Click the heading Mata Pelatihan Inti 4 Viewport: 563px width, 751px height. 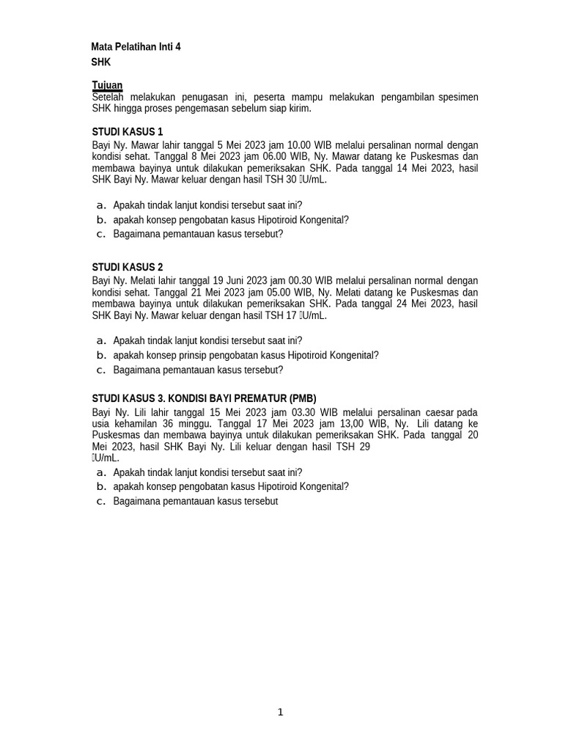click(136, 47)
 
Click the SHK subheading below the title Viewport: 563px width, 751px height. click(101, 62)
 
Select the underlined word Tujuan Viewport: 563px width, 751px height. click(107, 85)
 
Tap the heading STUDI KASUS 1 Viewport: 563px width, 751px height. click(128, 132)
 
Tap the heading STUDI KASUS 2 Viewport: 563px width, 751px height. click(128, 267)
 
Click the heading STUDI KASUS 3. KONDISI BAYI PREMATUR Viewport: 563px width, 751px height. click(204, 398)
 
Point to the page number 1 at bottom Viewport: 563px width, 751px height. click(281, 712)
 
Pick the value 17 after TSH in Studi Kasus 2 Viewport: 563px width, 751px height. click(291, 315)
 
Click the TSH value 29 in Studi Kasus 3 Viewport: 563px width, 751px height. click(364, 447)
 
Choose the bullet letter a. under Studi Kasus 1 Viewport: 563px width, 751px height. click(102, 205)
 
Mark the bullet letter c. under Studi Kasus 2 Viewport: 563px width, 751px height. click(102, 370)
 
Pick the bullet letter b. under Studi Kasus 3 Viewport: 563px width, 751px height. click(102, 486)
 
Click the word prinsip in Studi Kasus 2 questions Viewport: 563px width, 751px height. click(164, 355)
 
